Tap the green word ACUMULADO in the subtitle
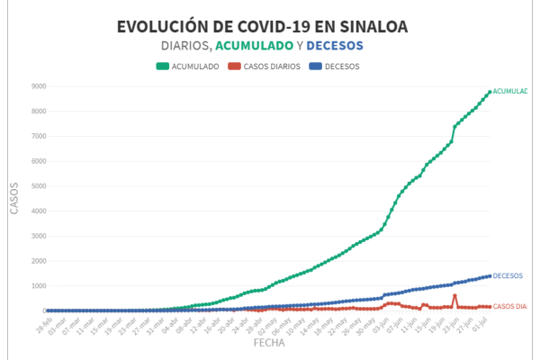(x=255, y=46)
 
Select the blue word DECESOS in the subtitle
(x=335, y=46)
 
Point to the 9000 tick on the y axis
(x=37, y=86)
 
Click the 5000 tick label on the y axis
(x=37, y=186)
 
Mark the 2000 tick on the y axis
(x=37, y=261)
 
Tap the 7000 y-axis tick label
(x=37, y=136)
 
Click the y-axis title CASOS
(x=13, y=198)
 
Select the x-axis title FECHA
(x=269, y=343)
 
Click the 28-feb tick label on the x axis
(x=43, y=324)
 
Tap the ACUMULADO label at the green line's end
(x=510, y=91)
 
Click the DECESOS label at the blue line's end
(x=508, y=275)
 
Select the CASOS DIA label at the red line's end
(x=509, y=307)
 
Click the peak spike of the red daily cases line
(x=454, y=295)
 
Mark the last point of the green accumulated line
(x=490, y=92)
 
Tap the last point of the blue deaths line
(x=490, y=276)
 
